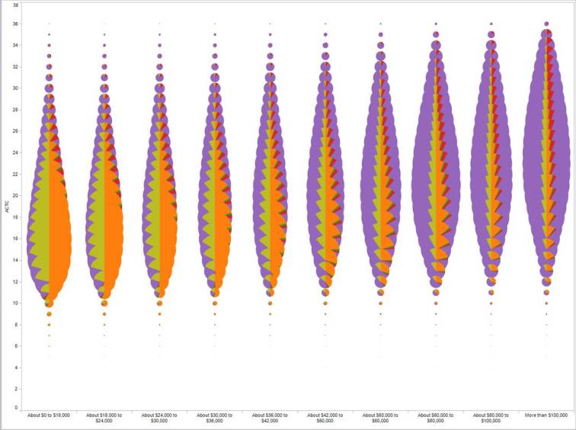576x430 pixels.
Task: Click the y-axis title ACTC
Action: pos(7,207)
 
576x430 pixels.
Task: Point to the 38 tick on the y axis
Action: pos(17,5)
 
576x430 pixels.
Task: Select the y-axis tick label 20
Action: pos(17,195)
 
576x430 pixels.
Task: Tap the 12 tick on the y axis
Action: pos(17,281)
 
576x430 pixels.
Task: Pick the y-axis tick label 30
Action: pos(17,89)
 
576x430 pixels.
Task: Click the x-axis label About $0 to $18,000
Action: pos(49,416)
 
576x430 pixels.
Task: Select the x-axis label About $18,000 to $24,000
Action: pos(104,418)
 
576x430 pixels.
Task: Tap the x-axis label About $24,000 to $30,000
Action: pos(159,418)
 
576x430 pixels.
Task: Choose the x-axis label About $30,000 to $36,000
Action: pos(215,418)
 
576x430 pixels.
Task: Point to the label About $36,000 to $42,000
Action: pos(270,418)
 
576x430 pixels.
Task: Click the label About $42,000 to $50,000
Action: pos(325,418)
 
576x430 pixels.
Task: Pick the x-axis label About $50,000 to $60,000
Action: pos(380,418)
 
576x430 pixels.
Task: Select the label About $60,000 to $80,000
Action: pos(436,418)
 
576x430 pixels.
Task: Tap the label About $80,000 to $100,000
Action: pos(491,418)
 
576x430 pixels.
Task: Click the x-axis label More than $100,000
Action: pos(546,416)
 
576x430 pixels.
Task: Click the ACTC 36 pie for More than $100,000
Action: pos(546,24)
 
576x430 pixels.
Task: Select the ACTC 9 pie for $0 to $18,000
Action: pos(49,313)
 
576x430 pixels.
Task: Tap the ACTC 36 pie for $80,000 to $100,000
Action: pos(491,24)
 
